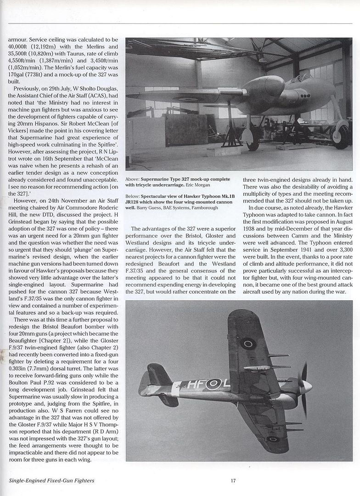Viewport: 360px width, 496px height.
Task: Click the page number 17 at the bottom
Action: coord(233,481)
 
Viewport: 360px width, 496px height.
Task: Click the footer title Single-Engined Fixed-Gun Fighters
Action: coord(51,481)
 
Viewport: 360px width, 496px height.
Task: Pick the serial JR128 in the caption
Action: coord(134,201)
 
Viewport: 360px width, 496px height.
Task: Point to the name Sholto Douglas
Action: coord(101,88)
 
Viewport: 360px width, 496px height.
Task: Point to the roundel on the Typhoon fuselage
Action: coord(214,384)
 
